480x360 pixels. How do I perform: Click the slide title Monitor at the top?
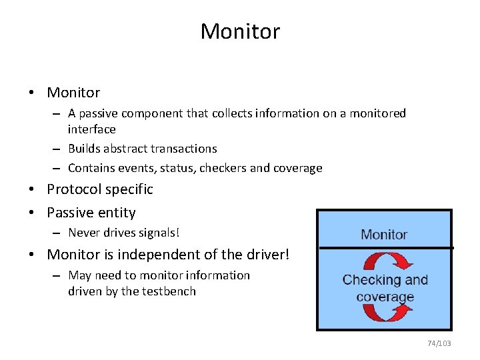240,31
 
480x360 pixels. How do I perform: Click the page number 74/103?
439,343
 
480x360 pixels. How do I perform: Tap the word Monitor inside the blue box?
383,235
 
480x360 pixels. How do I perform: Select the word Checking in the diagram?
367,280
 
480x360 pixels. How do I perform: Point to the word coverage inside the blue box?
385,297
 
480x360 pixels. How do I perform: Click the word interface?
91,129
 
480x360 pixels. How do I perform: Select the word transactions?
184,149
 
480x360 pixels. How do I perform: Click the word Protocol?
71,189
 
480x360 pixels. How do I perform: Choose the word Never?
83,233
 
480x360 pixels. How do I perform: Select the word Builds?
85,149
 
